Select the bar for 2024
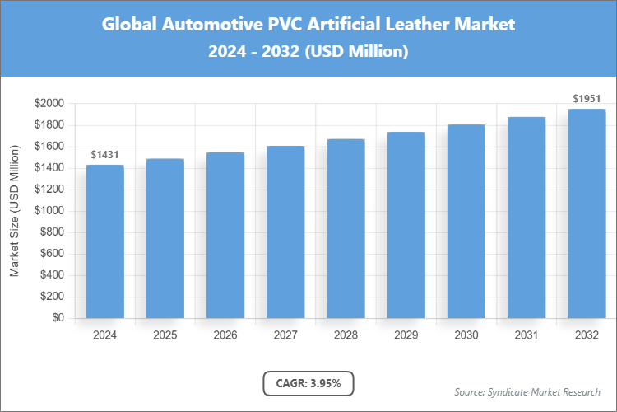(x=104, y=241)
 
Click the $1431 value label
(x=104, y=155)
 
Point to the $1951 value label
(x=587, y=99)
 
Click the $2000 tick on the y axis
(x=49, y=104)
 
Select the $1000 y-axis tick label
(x=49, y=211)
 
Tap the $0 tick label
(x=58, y=318)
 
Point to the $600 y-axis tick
(x=51, y=254)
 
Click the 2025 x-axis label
(x=165, y=335)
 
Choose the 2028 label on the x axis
(x=346, y=335)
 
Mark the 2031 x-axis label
(x=527, y=335)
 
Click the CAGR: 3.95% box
(x=308, y=382)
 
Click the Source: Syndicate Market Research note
(x=527, y=391)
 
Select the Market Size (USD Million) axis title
(x=14, y=211)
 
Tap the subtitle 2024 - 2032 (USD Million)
(x=308, y=52)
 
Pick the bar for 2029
(x=406, y=225)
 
